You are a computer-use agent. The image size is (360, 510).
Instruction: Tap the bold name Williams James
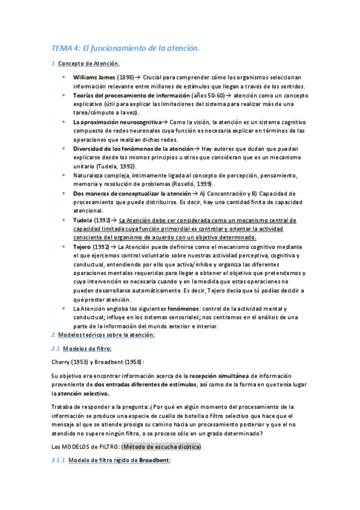click(x=94, y=78)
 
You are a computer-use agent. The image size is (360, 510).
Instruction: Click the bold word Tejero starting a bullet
click(x=84, y=247)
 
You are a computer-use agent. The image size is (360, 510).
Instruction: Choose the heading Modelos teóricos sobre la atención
click(x=106, y=334)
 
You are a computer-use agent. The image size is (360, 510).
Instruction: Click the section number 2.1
click(x=55, y=348)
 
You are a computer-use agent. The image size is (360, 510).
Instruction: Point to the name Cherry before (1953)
click(x=61, y=361)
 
